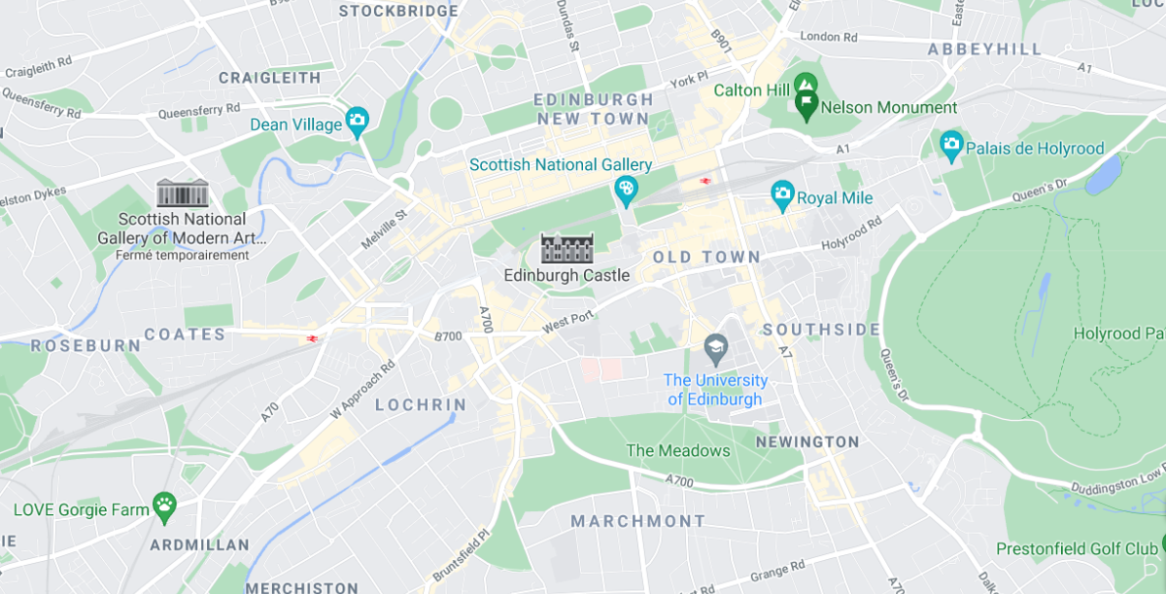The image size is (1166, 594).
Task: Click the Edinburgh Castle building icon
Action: pyautogui.click(x=566, y=248)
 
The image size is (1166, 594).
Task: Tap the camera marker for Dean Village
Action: pyautogui.click(x=357, y=122)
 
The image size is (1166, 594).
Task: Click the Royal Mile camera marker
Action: pyautogui.click(x=782, y=195)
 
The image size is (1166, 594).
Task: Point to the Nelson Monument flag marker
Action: pyautogui.click(x=806, y=102)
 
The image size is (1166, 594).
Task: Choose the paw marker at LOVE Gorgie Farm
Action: pyautogui.click(x=165, y=506)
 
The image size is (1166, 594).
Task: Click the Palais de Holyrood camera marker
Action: pyautogui.click(x=951, y=146)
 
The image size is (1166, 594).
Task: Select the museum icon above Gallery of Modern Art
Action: pyautogui.click(x=183, y=192)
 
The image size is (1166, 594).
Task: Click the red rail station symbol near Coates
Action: pyautogui.click(x=313, y=338)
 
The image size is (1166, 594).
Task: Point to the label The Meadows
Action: pyautogui.click(x=677, y=450)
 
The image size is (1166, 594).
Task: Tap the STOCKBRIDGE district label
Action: pyautogui.click(x=398, y=11)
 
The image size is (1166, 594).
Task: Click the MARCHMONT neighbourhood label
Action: pyautogui.click(x=638, y=521)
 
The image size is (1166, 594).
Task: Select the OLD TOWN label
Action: pyautogui.click(x=706, y=257)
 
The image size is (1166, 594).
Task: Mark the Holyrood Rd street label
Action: pyautogui.click(x=851, y=234)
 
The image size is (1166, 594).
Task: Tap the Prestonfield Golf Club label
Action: pyautogui.click(x=1077, y=549)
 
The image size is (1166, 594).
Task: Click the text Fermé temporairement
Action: pyautogui.click(x=183, y=256)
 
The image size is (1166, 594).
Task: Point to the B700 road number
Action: pyautogui.click(x=448, y=336)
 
